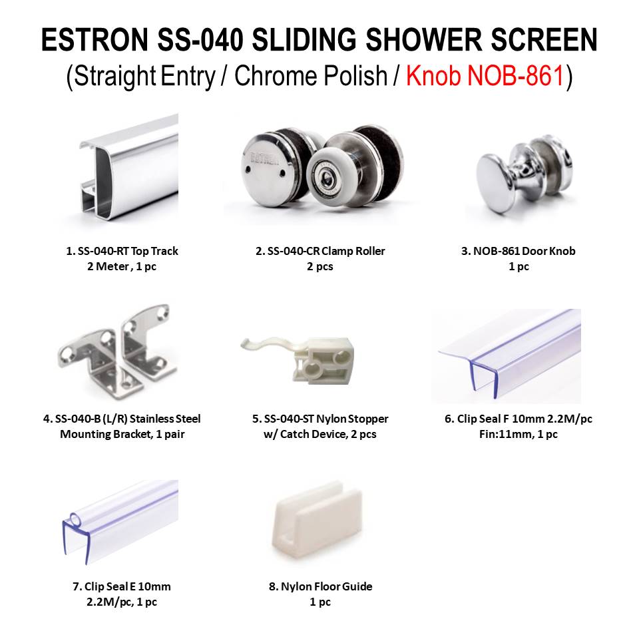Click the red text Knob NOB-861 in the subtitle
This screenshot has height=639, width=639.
485,77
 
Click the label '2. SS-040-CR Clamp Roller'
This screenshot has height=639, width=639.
320,252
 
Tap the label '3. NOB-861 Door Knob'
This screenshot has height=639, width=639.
518,252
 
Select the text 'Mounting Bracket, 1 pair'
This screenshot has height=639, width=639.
122,435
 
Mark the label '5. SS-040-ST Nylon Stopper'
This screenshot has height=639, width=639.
320,419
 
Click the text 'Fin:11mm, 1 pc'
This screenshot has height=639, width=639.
518,435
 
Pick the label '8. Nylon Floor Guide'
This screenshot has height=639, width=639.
320,587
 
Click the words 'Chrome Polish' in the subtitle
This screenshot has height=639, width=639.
311,77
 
